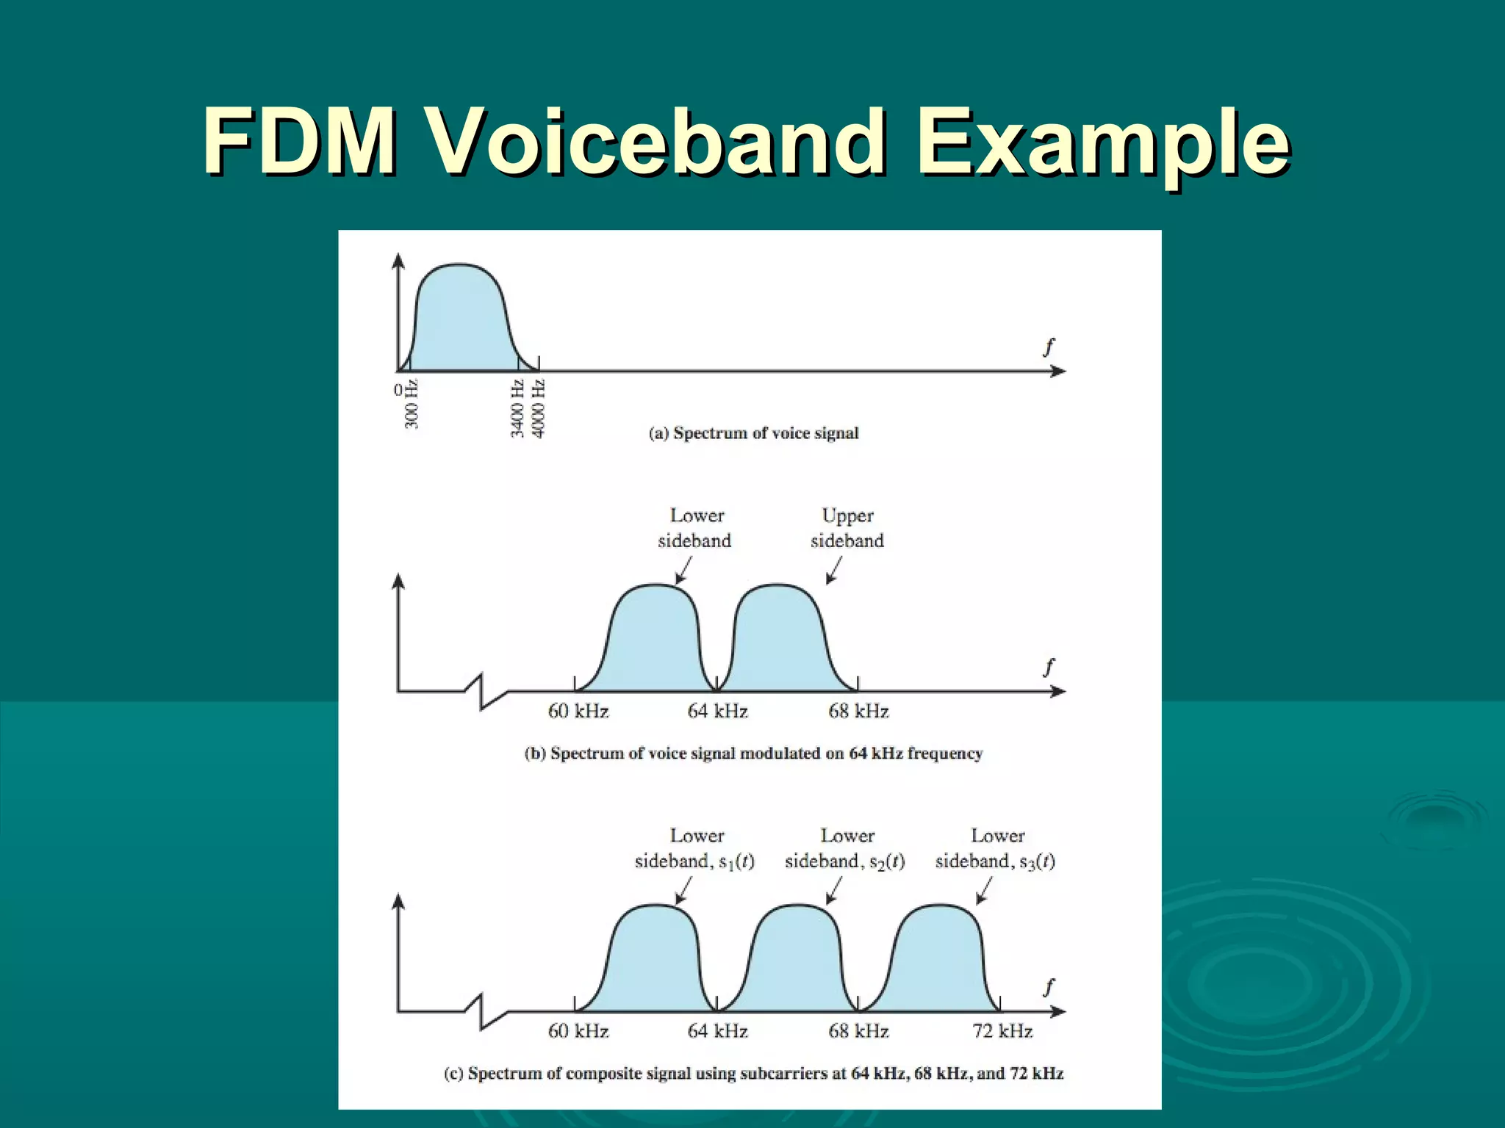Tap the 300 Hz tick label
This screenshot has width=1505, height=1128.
click(x=412, y=404)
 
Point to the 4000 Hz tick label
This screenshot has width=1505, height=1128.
click(x=539, y=408)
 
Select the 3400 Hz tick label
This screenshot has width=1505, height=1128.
click(x=518, y=408)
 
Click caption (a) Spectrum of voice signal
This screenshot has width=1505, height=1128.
click(x=753, y=433)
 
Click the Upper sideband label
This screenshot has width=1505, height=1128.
click(x=847, y=528)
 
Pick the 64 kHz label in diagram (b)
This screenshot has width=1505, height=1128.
click(x=717, y=711)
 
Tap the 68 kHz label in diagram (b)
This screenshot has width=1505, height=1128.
click(x=858, y=711)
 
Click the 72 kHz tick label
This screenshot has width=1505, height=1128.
click(x=1002, y=1031)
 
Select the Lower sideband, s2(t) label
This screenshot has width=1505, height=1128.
click(x=845, y=848)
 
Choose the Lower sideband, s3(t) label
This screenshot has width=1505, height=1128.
click(x=995, y=848)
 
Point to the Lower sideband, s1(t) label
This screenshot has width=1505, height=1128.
click(x=694, y=848)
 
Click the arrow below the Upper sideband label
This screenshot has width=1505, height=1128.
click(x=833, y=571)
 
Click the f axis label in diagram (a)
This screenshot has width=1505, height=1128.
click(x=1049, y=347)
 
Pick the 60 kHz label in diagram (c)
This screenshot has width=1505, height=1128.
click(x=578, y=1031)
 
